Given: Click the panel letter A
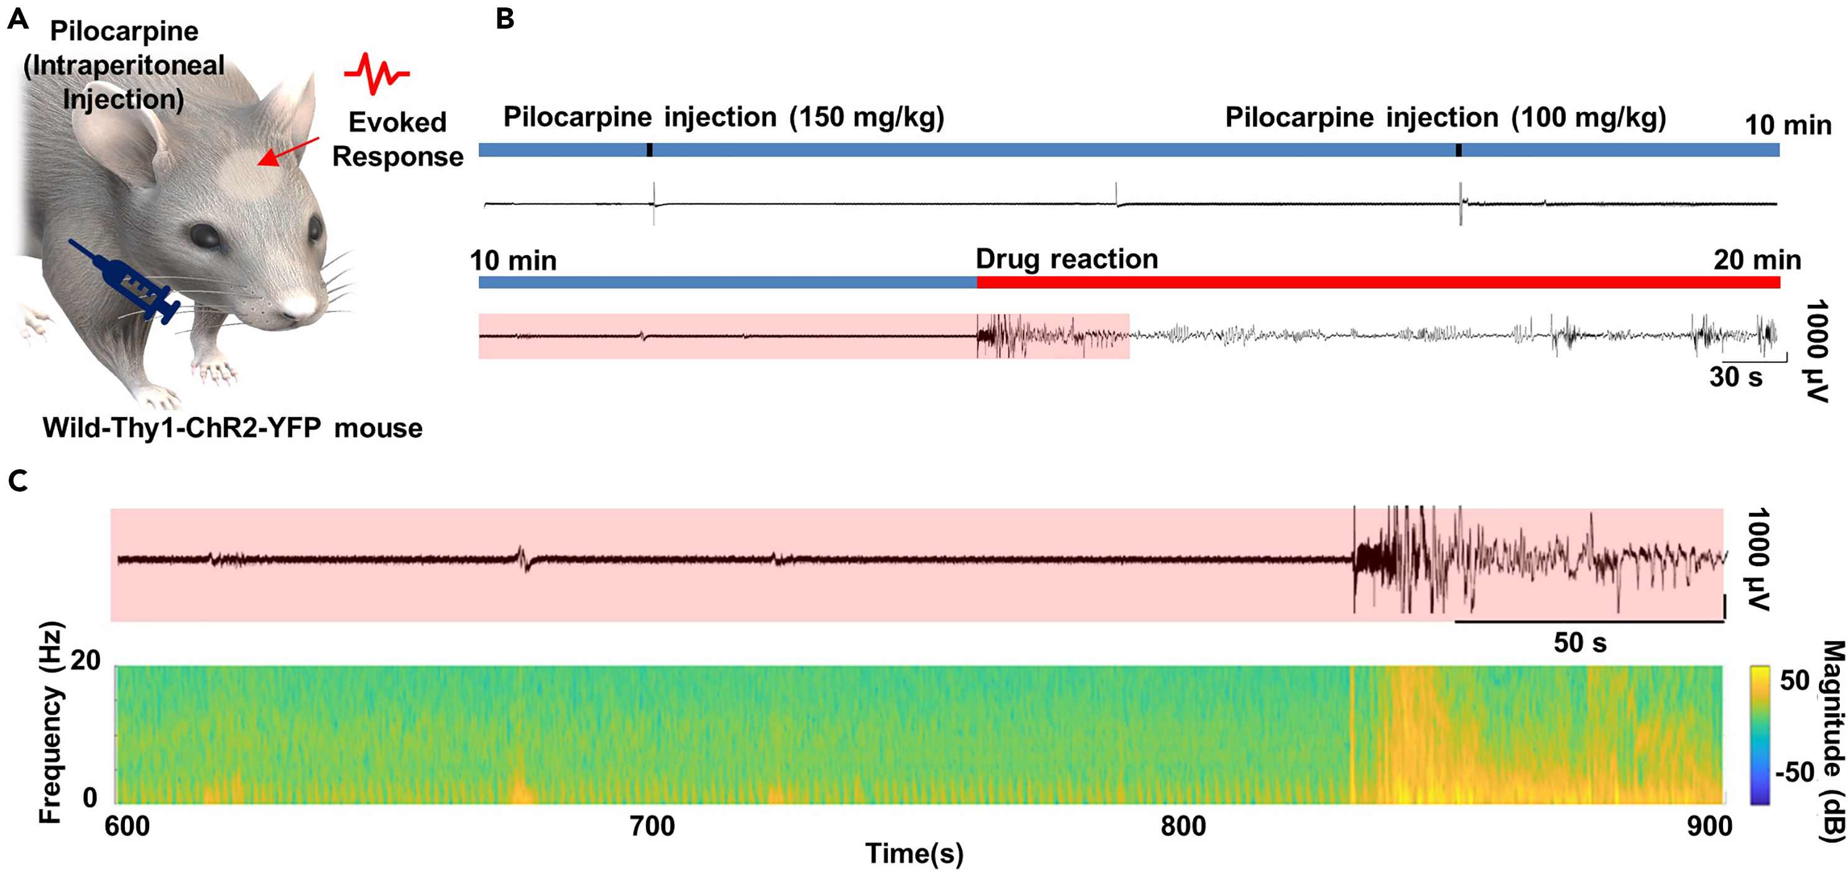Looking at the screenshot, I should click(19, 19).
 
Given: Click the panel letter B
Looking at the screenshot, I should click(505, 19).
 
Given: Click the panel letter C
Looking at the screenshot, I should click(19, 481).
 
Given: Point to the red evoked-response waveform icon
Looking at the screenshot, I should click(376, 73).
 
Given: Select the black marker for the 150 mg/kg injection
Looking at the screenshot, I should click(649, 150).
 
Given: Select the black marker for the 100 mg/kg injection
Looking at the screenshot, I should click(1459, 150).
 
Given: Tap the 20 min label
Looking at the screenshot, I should click(1757, 260).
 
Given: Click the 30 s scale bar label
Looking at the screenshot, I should click(1735, 377).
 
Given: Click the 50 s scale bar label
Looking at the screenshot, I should click(1580, 642).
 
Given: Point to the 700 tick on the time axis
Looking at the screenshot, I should click(652, 826).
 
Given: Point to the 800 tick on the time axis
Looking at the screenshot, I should click(1183, 826).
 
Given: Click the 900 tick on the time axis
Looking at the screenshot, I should click(1709, 826).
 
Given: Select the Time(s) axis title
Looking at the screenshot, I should click(914, 853).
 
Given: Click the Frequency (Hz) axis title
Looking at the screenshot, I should click(50, 722).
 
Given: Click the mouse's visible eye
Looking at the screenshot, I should click(206, 235).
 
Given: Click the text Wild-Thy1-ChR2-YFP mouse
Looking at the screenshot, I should click(233, 428).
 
